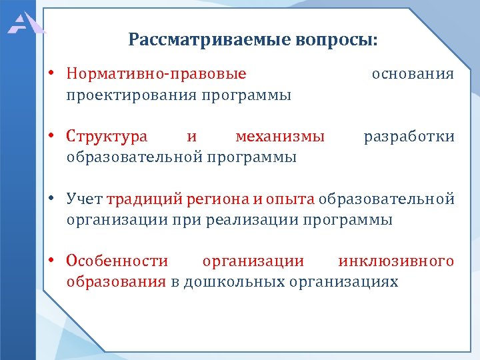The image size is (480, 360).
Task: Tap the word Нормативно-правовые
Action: click(156, 74)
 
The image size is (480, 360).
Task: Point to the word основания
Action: click(413, 74)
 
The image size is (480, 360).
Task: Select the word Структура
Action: click(107, 137)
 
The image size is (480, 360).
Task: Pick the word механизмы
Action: click(280, 137)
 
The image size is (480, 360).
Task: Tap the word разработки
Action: click(409, 137)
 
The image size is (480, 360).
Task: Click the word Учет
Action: click(85, 199)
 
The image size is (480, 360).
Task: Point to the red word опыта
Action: click(290, 199)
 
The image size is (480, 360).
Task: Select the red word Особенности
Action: click(117, 261)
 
